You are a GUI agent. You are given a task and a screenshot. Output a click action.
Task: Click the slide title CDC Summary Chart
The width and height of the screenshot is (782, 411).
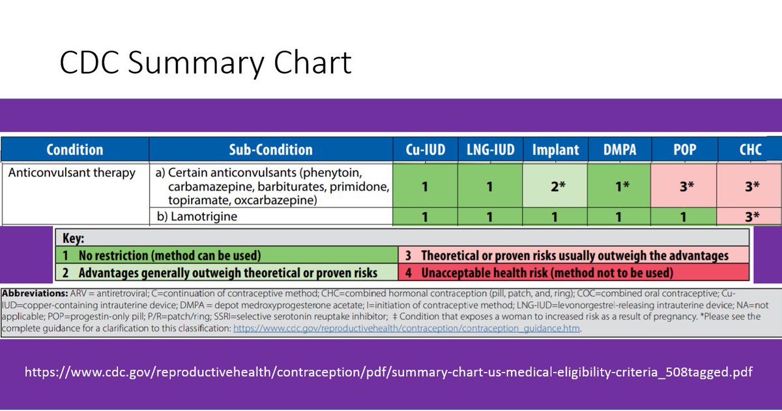[205, 63]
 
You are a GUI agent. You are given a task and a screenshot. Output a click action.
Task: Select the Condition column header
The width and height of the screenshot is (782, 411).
[74, 149]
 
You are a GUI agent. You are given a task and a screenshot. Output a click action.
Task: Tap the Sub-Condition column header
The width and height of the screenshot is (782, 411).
[270, 149]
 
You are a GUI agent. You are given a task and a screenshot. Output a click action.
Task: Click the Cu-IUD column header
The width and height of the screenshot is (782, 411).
[425, 149]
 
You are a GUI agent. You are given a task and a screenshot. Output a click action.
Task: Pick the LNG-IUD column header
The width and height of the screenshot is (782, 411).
[490, 149]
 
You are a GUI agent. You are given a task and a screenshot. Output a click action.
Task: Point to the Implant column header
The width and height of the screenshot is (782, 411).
[555, 149]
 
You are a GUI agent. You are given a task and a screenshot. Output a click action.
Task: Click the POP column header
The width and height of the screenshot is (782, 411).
[684, 149]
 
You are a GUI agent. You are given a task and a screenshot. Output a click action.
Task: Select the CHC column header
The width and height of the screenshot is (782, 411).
[750, 149]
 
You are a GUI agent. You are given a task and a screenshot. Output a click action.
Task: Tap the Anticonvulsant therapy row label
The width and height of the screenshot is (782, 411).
[72, 173]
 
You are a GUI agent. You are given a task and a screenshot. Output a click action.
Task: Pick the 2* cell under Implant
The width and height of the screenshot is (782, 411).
[555, 186]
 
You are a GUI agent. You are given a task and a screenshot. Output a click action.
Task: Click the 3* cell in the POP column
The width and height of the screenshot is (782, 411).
[684, 186]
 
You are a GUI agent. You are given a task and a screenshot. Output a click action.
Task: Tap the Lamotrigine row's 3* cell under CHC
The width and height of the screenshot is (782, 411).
[750, 217]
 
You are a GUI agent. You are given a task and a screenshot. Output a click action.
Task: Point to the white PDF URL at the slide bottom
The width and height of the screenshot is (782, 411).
[388, 373]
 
